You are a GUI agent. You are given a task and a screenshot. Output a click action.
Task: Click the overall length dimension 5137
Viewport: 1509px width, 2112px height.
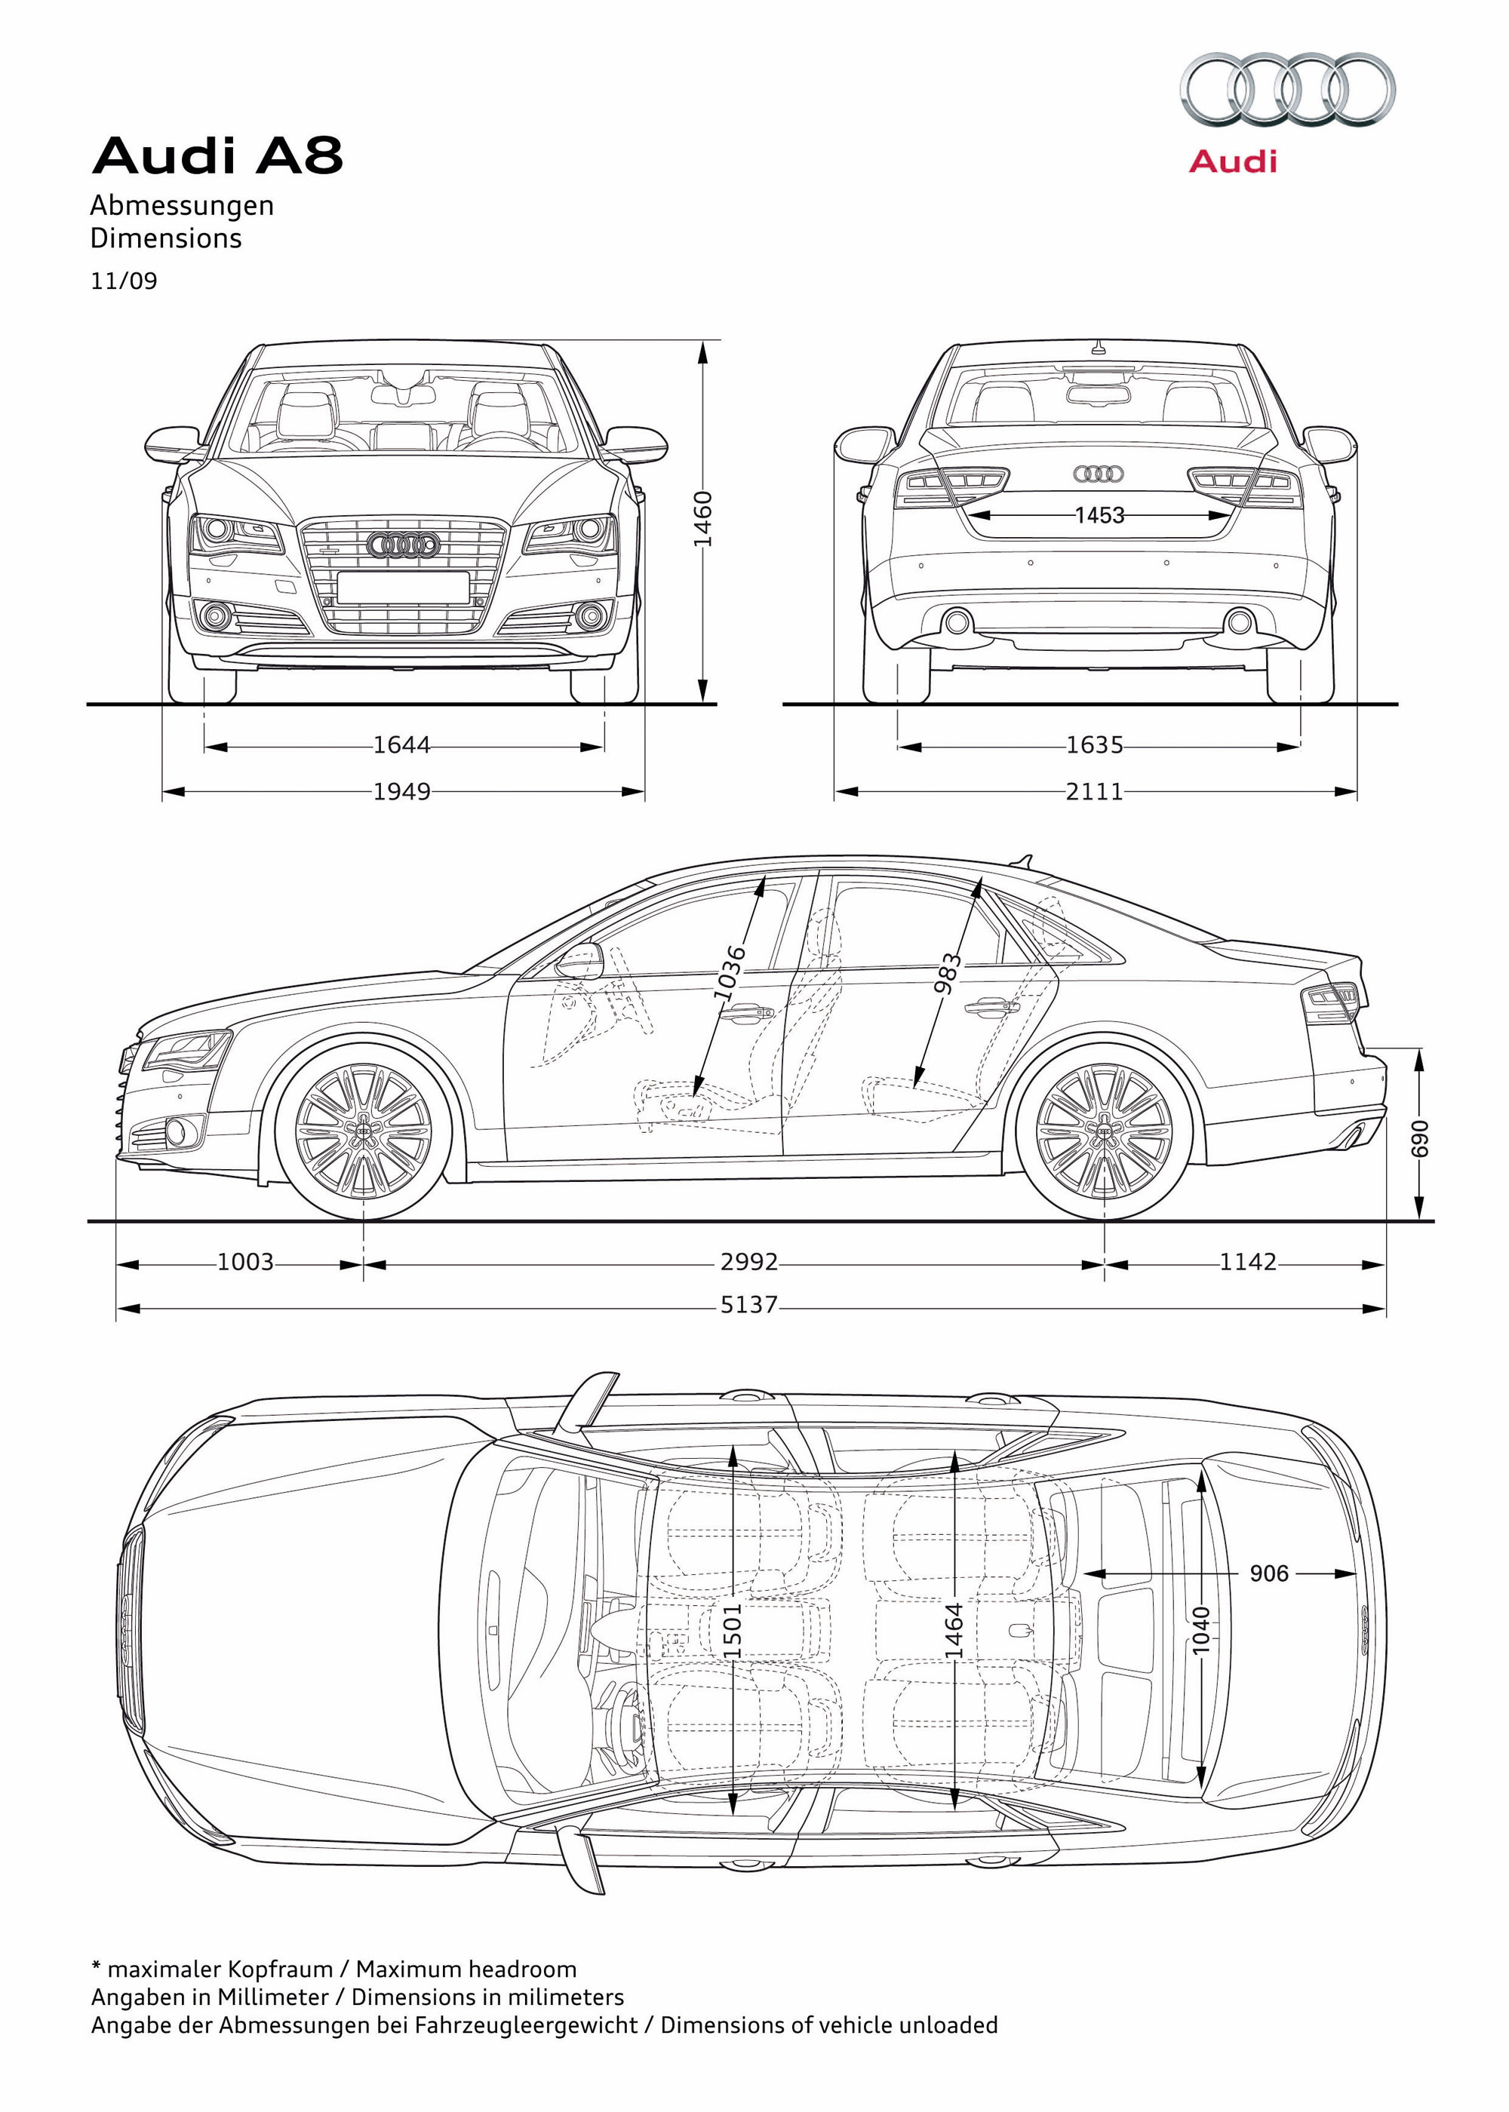[x=749, y=1305]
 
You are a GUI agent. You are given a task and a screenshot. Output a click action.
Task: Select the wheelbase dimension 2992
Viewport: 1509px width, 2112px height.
[x=749, y=1262]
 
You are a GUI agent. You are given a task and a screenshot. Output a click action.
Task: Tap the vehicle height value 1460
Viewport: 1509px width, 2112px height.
[x=703, y=519]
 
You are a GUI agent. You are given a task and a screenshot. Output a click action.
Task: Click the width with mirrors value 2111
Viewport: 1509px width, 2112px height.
[x=1095, y=791]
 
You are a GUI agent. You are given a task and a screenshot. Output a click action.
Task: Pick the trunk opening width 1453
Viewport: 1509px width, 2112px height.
[x=1099, y=514]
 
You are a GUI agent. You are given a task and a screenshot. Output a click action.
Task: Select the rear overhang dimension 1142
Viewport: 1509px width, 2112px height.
[x=1248, y=1262]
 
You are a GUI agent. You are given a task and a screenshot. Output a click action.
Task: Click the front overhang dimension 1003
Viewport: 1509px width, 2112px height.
[x=245, y=1262]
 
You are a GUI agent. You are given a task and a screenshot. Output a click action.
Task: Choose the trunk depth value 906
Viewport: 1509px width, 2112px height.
[x=1268, y=1573]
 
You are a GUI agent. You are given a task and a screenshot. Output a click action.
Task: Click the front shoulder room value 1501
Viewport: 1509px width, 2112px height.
[x=732, y=1631]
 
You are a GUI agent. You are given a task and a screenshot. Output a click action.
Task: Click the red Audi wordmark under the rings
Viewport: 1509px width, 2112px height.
[x=1233, y=161]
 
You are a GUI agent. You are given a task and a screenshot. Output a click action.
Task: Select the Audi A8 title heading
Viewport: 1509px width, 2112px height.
[x=217, y=155]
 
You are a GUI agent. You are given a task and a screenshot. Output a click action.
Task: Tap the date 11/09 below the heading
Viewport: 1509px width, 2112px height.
[x=124, y=281]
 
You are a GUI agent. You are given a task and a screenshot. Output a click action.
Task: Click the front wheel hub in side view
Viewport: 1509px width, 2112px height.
[x=364, y=1131]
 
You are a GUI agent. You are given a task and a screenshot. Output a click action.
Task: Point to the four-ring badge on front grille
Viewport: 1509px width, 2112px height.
[x=403, y=545]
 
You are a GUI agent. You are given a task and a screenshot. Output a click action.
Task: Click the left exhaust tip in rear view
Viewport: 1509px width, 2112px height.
[x=957, y=622]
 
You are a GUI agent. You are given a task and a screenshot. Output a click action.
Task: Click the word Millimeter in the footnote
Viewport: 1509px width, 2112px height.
[x=273, y=1997]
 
